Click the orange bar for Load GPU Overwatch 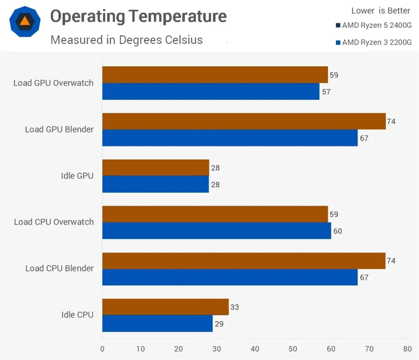(x=215, y=75)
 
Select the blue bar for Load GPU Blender (x=230, y=138)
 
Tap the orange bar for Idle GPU (x=155, y=168)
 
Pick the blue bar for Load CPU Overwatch (x=216, y=231)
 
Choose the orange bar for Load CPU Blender (x=243, y=261)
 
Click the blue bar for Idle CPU (x=157, y=324)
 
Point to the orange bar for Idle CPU (x=165, y=307)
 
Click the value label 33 (x=234, y=307)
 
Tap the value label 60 (x=337, y=231)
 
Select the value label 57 (x=326, y=92)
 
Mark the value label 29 (x=219, y=324)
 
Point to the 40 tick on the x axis (x=255, y=349)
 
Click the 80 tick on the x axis (x=407, y=349)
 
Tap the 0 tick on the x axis (x=102, y=349)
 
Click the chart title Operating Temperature (x=138, y=17)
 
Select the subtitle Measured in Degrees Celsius (x=126, y=40)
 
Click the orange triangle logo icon (x=25, y=21)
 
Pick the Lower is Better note (x=381, y=11)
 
